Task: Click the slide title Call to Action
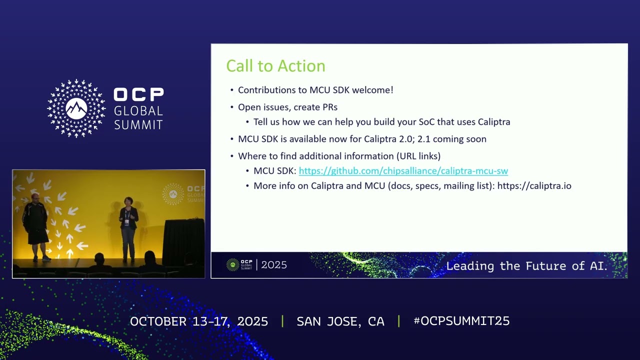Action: tap(275, 66)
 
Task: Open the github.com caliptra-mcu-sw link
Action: tap(403, 171)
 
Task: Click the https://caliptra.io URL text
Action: tap(534, 186)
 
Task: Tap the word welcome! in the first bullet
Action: tap(372, 90)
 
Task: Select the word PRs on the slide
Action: tap(330, 107)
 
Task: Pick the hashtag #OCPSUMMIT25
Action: tap(461, 321)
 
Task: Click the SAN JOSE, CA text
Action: tap(340, 321)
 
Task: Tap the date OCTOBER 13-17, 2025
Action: tap(199, 321)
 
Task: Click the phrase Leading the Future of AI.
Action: tap(526, 266)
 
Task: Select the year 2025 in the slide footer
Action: tap(274, 265)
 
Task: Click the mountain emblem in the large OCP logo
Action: tap(76, 108)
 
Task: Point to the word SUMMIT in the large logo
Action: tap(138, 125)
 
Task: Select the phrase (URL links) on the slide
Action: tap(418, 156)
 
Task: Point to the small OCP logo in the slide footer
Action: tap(239, 265)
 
